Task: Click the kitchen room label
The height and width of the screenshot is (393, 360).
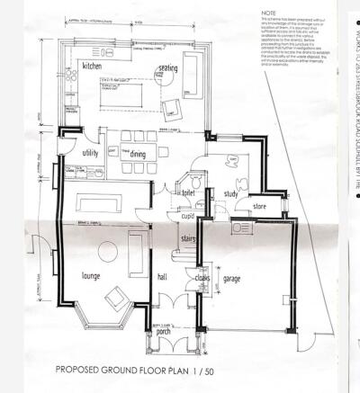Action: pos(94,67)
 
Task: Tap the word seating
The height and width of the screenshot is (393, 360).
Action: pos(169,67)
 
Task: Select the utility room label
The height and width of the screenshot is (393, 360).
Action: pos(91,154)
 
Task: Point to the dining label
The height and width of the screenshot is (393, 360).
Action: pos(138,154)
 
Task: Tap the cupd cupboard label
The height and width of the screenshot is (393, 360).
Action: pos(188,216)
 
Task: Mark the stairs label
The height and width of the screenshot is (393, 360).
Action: pos(188,238)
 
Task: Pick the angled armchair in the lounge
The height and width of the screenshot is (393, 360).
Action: pos(117,299)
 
